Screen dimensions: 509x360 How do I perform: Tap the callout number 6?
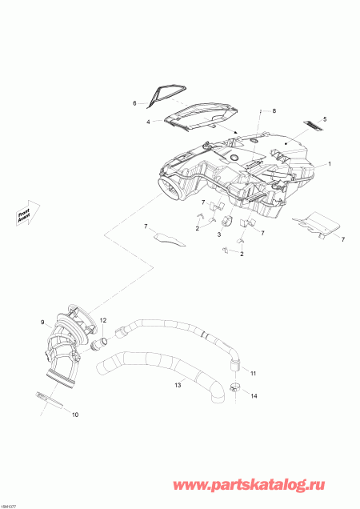135,103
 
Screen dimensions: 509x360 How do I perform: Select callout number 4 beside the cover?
148,122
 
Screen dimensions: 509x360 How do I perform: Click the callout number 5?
324,118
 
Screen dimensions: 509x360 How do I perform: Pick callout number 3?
218,236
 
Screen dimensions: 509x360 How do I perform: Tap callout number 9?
43,323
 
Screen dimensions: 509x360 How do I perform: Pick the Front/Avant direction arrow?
26,214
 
